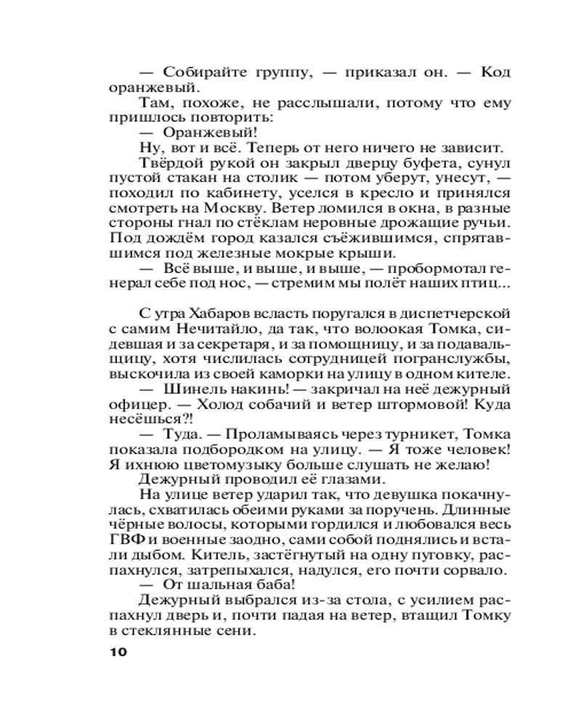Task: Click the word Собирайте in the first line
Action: pos(200,72)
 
